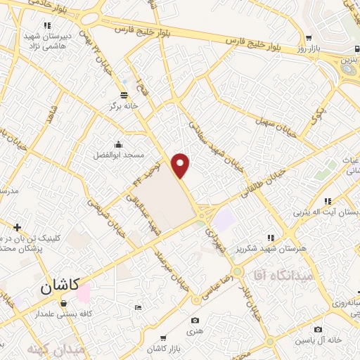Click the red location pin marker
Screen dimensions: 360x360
coord(181,165)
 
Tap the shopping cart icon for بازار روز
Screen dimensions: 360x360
coord(309,37)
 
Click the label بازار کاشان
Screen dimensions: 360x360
coord(165,349)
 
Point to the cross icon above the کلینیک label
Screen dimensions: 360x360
coord(18,227)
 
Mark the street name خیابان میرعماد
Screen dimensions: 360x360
coord(174,268)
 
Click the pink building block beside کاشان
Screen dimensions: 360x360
coord(83,294)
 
